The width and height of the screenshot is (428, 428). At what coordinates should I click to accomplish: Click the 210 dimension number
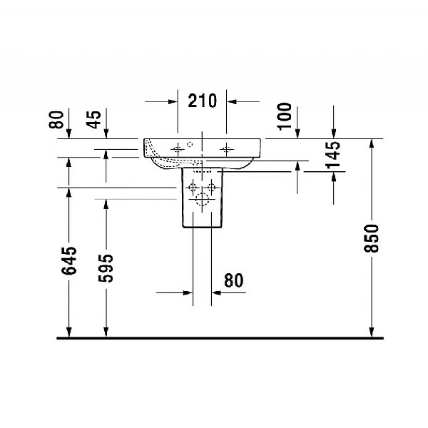pos(202,101)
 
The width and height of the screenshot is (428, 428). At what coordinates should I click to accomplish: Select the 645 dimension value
pos(68,261)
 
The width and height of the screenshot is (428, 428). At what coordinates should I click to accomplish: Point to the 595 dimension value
pos(106,267)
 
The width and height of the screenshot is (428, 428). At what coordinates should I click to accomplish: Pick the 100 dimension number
pos(285,116)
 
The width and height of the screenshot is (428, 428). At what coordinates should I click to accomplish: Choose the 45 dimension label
pos(94,118)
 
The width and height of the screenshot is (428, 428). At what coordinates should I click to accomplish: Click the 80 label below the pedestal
pos(233,280)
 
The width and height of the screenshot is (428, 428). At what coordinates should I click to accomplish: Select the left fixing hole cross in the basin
pos(177,148)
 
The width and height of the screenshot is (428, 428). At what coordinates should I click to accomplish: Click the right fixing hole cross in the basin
pos(227,148)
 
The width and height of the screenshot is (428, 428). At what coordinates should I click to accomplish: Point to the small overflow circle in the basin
pos(190,144)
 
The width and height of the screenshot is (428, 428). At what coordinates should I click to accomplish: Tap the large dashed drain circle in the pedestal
pos(202,200)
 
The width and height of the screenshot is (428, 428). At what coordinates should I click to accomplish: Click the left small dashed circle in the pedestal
pos(191,188)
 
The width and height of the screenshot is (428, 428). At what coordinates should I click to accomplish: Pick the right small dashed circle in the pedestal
pos(212,188)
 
